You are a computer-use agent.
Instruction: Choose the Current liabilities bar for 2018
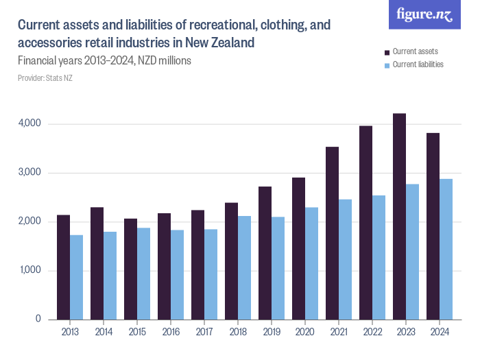[x=245, y=267]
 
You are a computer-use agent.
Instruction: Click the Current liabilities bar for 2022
[x=379, y=257]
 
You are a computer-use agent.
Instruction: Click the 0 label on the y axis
[x=38, y=320]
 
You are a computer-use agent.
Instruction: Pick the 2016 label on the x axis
[x=171, y=333]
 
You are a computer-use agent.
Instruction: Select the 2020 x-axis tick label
[x=305, y=333]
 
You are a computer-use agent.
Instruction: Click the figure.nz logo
[x=424, y=15]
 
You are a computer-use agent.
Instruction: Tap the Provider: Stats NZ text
[x=45, y=78]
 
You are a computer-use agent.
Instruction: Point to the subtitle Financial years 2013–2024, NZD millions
[x=104, y=60]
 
